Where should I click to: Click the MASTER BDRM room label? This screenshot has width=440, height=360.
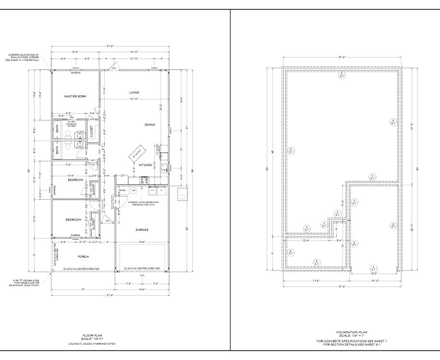75,96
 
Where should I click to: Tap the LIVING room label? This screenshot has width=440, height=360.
134,92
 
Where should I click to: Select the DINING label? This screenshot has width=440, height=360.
150,125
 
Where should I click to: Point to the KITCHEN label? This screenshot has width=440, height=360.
145,165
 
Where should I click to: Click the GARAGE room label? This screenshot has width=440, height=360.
142,229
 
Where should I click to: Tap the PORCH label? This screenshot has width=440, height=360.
83,256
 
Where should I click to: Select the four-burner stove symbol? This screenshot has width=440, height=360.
143,181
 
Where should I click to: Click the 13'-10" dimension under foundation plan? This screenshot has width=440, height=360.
375,281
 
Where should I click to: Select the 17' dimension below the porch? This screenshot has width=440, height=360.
83,290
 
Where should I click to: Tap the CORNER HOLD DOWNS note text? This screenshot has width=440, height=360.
26,58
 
